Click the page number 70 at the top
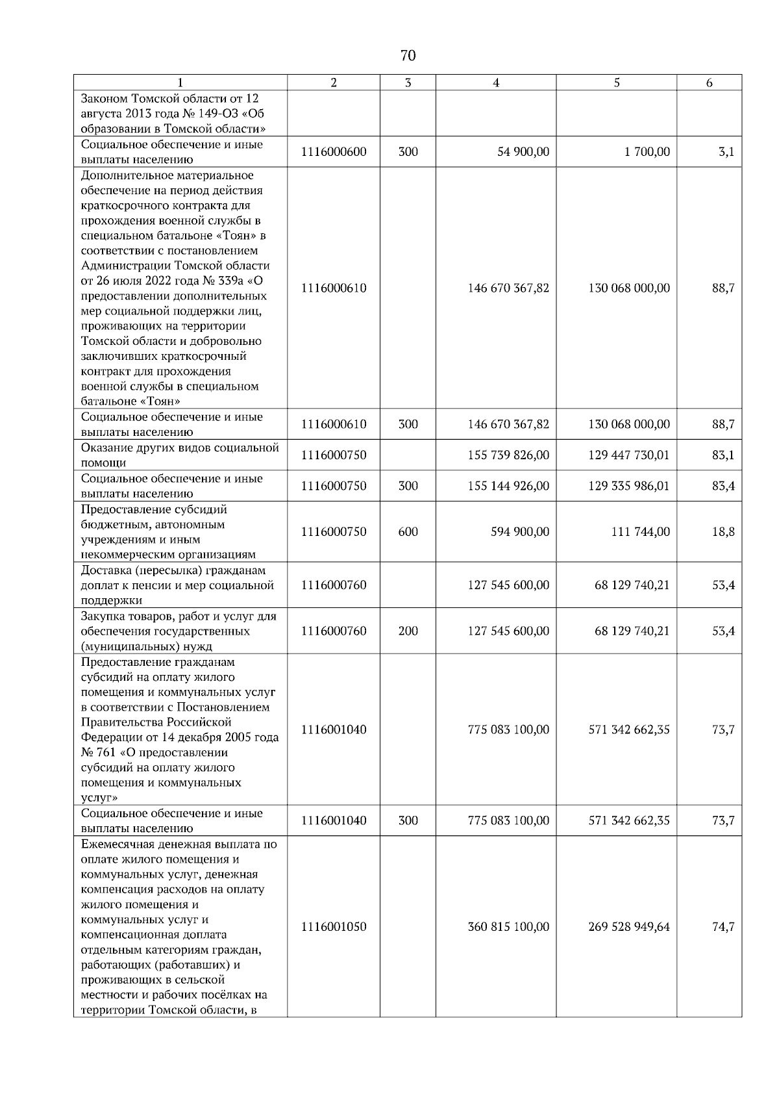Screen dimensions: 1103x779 (408, 56)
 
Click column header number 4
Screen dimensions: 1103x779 (496, 82)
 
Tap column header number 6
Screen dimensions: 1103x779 (709, 82)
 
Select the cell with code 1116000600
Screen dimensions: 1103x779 (334, 152)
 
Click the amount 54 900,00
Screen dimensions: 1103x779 (523, 152)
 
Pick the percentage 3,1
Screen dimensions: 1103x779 (726, 152)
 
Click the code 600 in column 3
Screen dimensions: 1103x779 (408, 531)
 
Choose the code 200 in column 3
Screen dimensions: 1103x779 (408, 631)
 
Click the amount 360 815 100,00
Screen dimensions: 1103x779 (508, 926)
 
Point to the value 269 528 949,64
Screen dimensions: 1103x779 (629, 926)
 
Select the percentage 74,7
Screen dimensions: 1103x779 (723, 926)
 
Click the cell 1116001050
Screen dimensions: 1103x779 (334, 926)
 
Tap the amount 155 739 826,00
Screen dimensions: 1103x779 (508, 455)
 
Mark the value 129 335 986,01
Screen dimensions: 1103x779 (629, 486)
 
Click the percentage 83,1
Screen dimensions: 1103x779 (723, 455)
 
